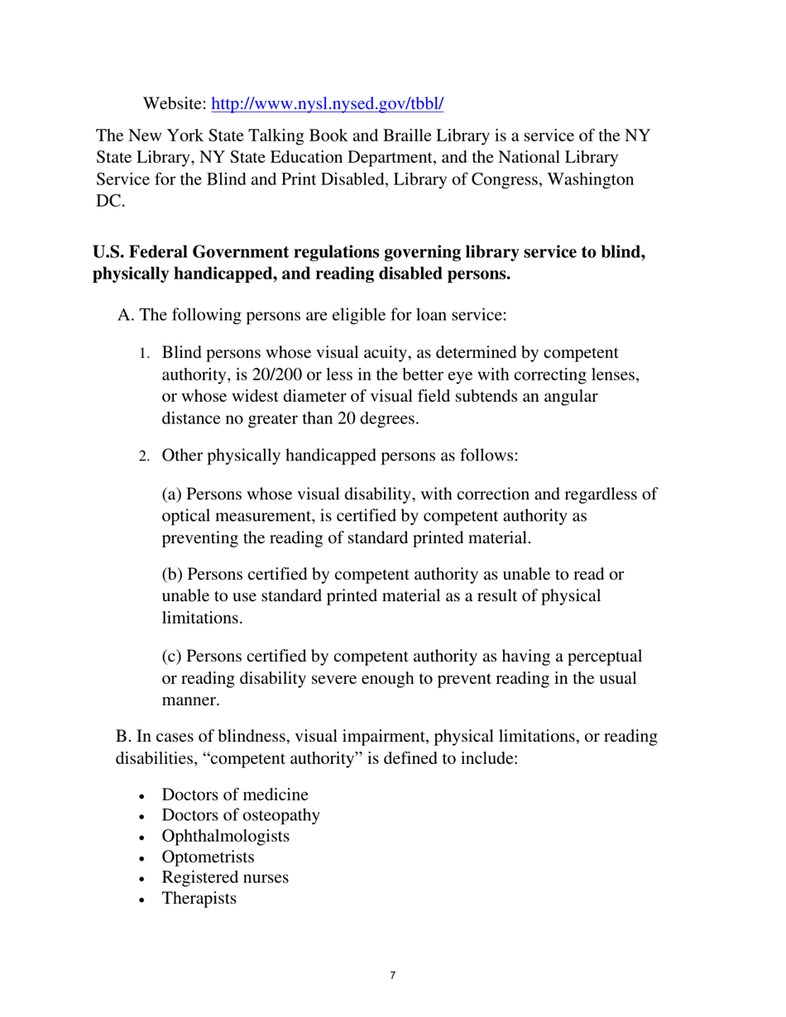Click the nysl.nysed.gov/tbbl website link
pos(328,104)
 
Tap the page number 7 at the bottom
pos(392,976)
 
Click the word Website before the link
pos(175,104)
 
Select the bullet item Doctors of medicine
pos(234,795)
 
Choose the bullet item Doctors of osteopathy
pos(240,816)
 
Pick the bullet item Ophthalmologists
pos(225,836)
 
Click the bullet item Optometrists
pos(208,857)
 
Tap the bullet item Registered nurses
pos(224,877)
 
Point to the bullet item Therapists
pos(199,898)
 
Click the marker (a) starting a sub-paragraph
pos(171,495)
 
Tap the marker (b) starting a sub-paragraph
pos(171,575)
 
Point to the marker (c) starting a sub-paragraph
pos(171,657)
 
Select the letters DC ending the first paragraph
pos(109,202)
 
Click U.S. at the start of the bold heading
pos(108,252)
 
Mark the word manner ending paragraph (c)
pos(190,699)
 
